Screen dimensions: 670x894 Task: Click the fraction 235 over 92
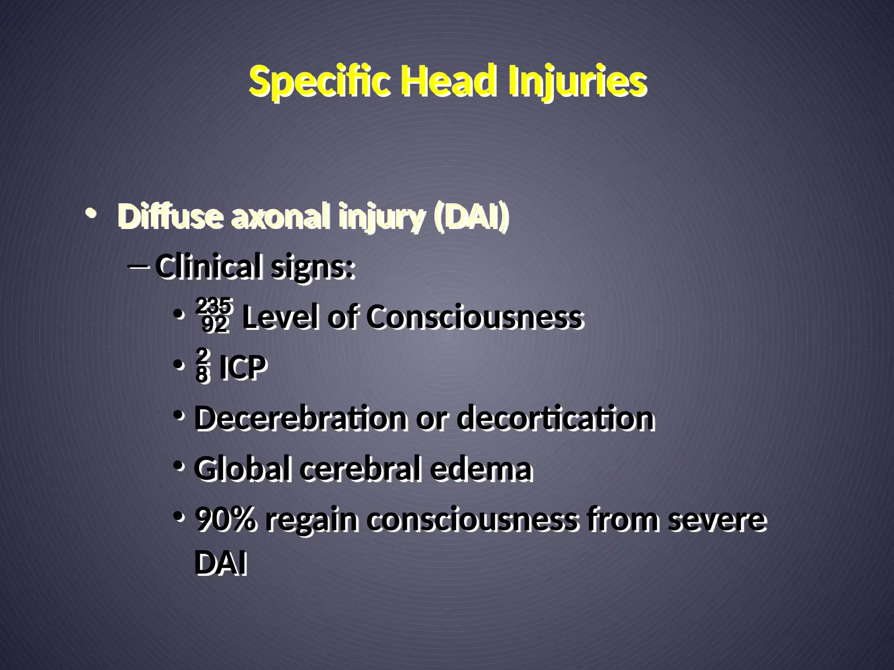pyautogui.click(x=214, y=315)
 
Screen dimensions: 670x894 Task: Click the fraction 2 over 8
pyautogui.click(x=202, y=366)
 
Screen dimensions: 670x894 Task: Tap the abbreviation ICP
pyautogui.click(x=242, y=367)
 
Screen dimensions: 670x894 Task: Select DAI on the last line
pyautogui.click(x=220, y=564)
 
